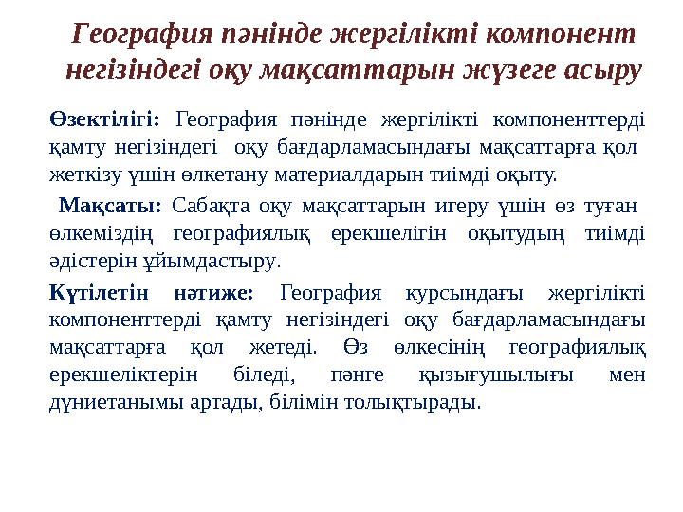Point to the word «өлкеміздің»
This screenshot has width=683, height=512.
click(97, 233)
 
